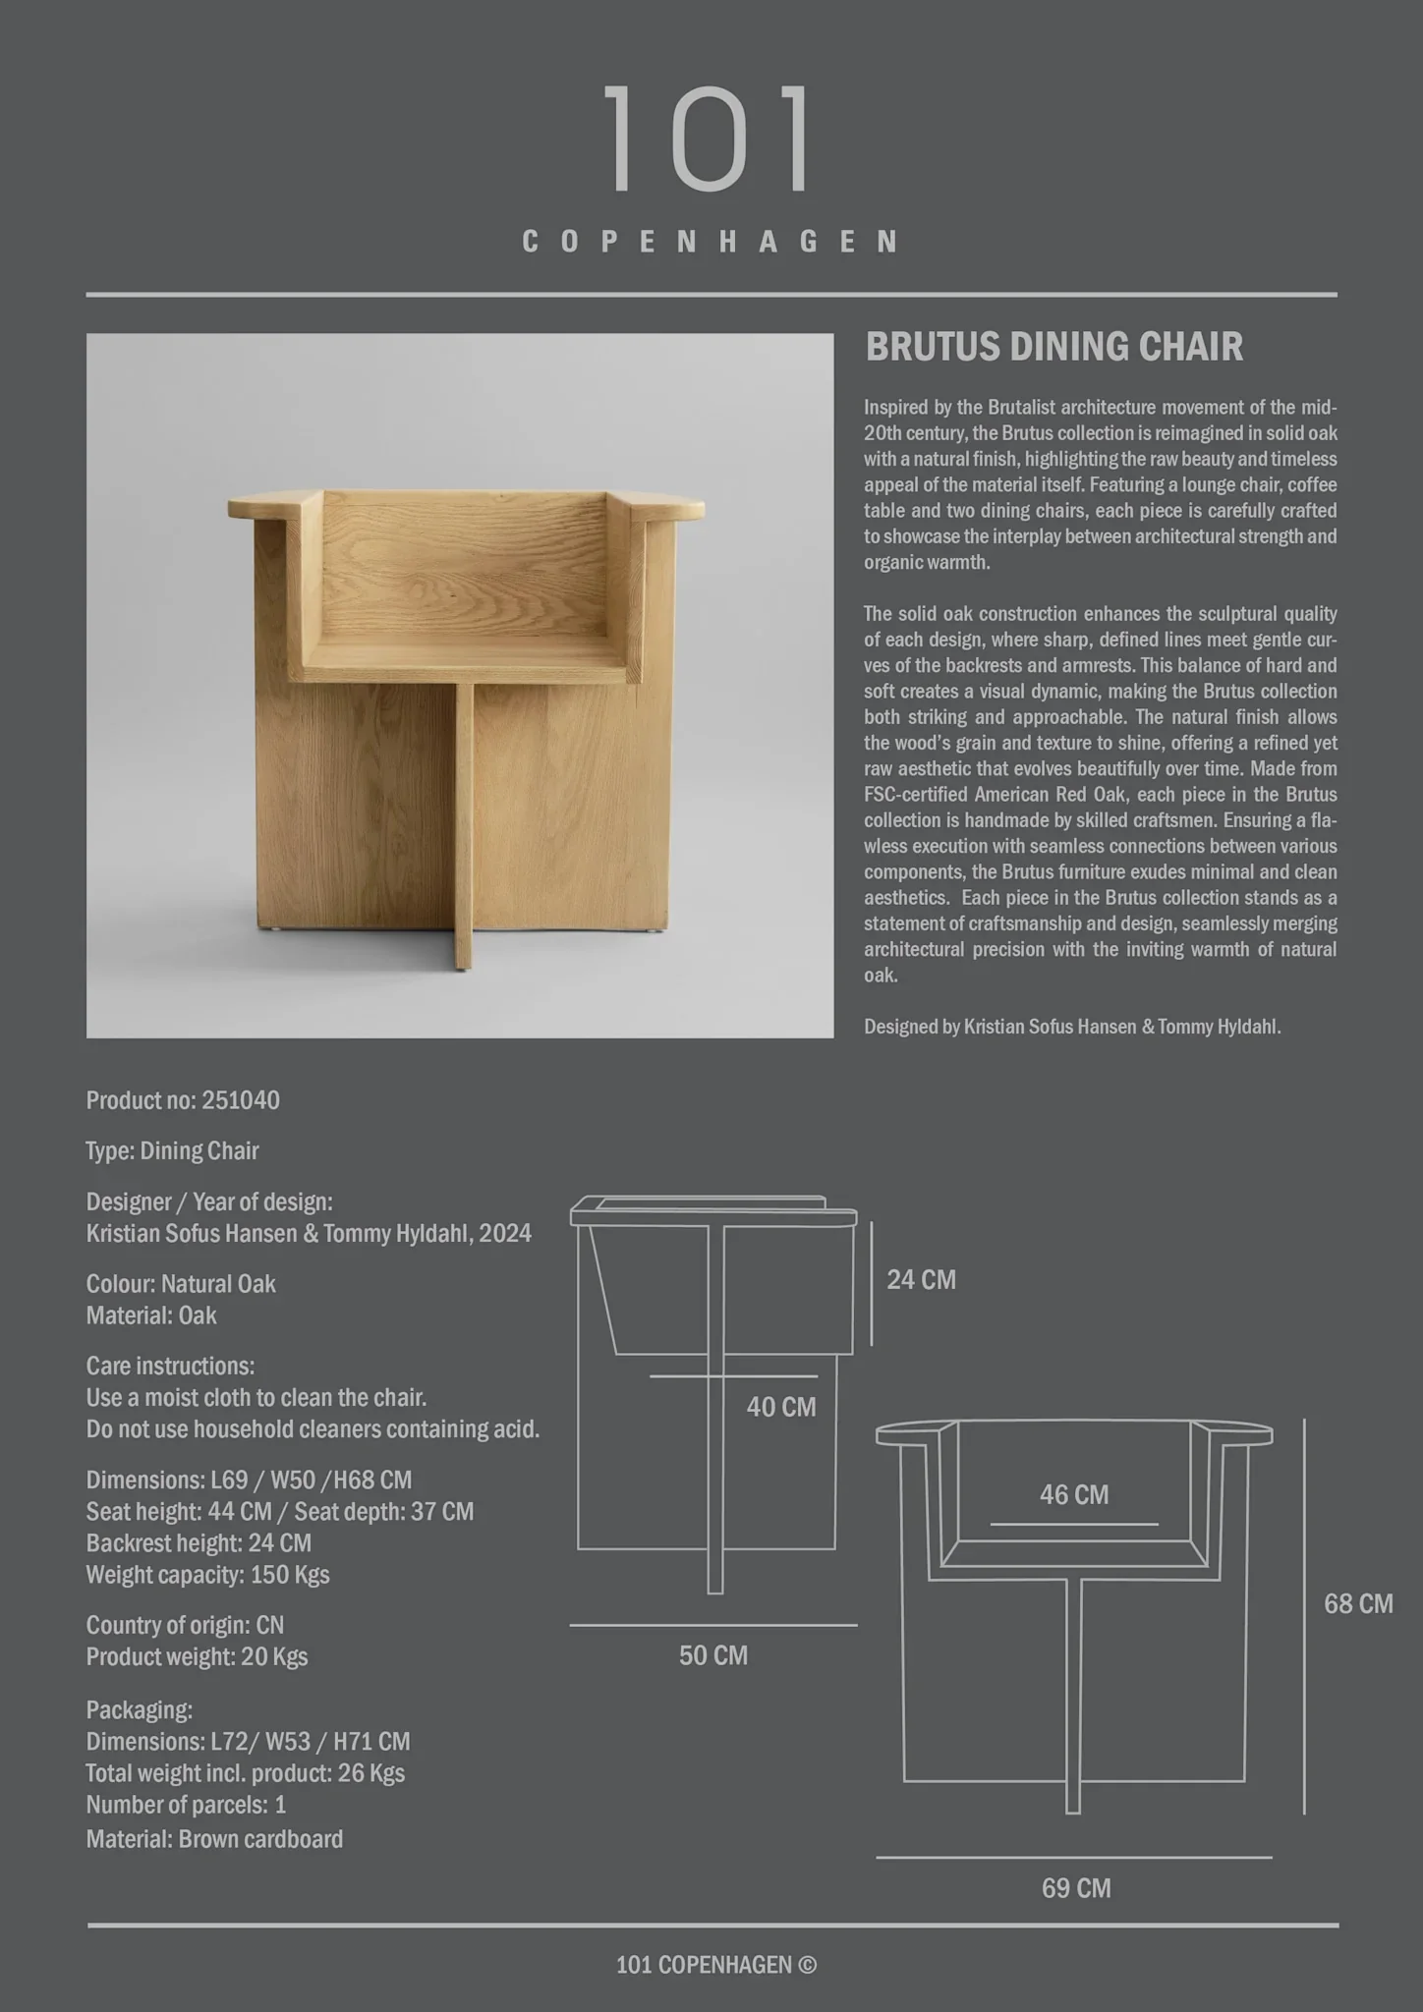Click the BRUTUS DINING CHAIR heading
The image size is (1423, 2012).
pos(1053,347)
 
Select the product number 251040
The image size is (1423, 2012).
pos(241,1100)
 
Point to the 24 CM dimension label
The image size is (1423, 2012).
pos(921,1280)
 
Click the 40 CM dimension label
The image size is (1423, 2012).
pos(780,1407)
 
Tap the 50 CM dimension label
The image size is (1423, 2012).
pos(712,1655)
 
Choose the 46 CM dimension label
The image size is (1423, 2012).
pos(1073,1495)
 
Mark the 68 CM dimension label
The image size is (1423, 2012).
pos(1358,1604)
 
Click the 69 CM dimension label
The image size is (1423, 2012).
pos(1076,1888)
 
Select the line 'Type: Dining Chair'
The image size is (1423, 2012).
pos(173,1151)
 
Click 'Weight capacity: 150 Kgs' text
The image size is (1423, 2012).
pos(207,1575)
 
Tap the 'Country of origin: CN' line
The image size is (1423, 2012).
pos(185,1626)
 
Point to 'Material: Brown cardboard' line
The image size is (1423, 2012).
pos(214,1839)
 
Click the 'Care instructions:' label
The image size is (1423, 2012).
pos(170,1367)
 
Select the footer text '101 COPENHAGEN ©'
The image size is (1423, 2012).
pos(715,1965)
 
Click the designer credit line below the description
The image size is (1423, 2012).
pos(1072,1028)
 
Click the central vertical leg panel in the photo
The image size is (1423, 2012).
pos(463,825)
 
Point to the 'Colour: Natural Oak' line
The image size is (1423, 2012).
pos(181,1284)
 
